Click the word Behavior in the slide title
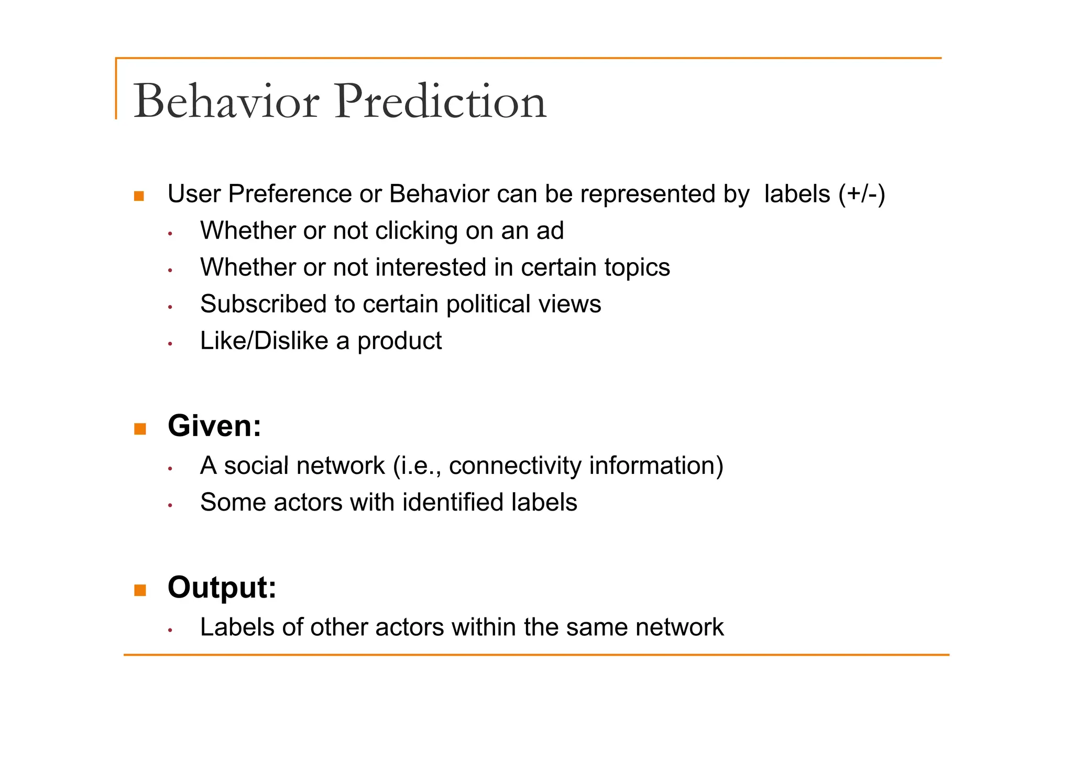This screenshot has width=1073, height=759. point(226,101)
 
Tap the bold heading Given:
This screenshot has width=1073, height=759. point(214,426)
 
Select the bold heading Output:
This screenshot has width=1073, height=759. point(222,587)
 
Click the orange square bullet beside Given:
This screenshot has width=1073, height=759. point(140,429)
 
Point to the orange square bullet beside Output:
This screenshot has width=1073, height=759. point(140,590)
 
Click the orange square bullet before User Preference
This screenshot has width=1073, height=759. point(139,197)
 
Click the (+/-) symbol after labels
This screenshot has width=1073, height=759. point(861,194)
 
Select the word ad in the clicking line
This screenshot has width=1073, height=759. point(550,231)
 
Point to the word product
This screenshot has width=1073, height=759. point(399,341)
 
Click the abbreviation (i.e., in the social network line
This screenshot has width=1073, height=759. point(417,466)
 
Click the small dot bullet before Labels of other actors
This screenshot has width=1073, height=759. point(170,630)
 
